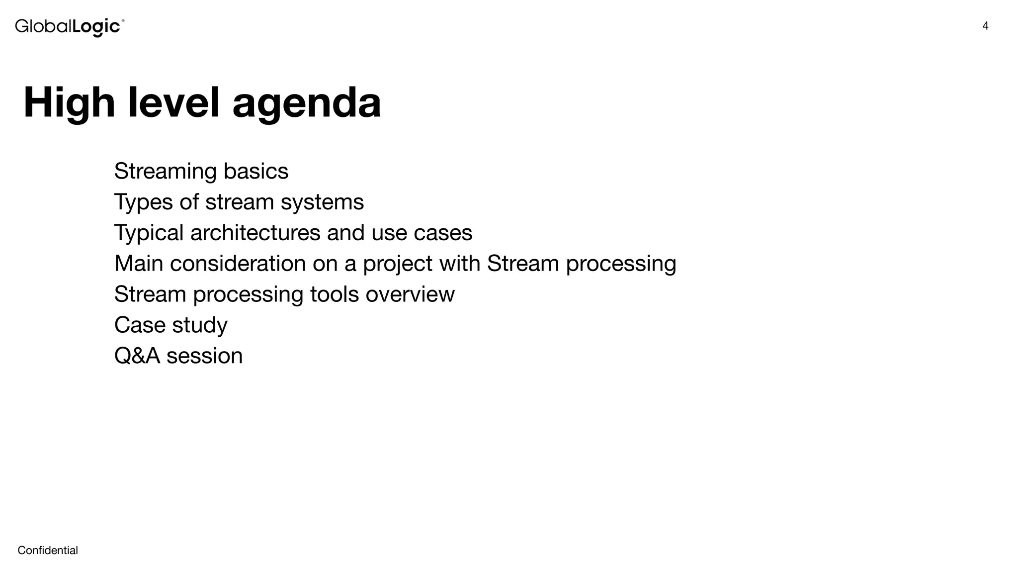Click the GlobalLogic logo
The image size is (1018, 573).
(x=70, y=27)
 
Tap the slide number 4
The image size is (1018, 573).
(x=985, y=26)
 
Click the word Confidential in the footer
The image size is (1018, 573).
(x=48, y=550)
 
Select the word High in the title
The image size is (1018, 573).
(x=69, y=103)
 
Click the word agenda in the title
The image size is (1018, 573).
(x=307, y=103)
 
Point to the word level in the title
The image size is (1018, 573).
(x=173, y=103)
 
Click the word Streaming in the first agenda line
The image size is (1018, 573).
(x=165, y=172)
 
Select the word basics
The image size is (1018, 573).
(x=255, y=172)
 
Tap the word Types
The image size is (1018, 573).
(x=143, y=202)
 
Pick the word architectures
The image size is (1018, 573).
(x=255, y=233)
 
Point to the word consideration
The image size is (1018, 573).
(x=238, y=264)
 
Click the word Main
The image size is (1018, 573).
(x=139, y=264)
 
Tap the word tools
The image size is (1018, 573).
(x=335, y=294)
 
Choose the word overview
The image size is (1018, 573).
(x=410, y=294)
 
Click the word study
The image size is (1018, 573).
(x=199, y=325)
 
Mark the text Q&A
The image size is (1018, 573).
(x=137, y=356)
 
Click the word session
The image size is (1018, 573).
(x=204, y=356)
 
